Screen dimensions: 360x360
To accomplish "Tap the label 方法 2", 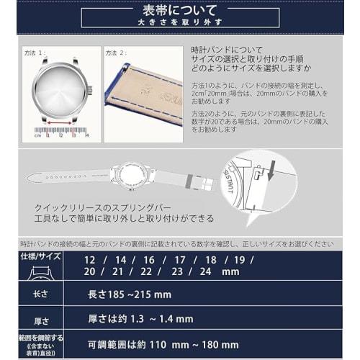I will tap(115, 53).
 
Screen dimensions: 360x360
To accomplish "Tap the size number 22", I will tap(146, 271).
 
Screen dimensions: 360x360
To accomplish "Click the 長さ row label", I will tap(40, 294).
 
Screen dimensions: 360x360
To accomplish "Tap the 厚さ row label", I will tap(40, 319).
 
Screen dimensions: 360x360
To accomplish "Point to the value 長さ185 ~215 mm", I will tap(130, 294).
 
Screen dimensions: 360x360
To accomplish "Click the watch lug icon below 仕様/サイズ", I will tap(40, 274).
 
